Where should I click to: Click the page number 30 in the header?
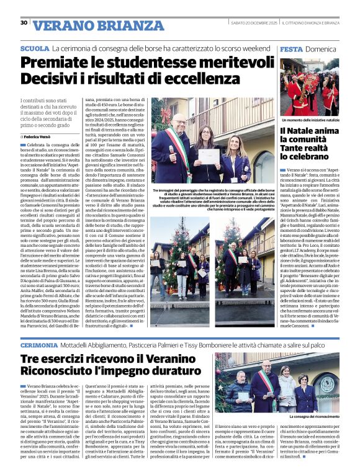[x=24, y=23]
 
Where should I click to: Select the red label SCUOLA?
[x=34, y=48]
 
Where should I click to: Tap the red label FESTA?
[x=291, y=48]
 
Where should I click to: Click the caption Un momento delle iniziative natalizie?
[x=308, y=120]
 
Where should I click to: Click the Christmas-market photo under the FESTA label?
[x=308, y=86]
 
